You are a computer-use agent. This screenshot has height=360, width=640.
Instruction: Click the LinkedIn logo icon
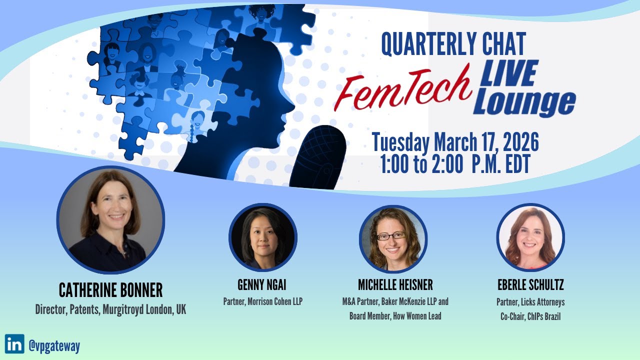click(14, 344)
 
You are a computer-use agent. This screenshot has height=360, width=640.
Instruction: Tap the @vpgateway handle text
click(54, 345)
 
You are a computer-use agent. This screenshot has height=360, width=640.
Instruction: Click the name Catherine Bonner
click(110, 290)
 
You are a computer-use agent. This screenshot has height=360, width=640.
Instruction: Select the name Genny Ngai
click(262, 285)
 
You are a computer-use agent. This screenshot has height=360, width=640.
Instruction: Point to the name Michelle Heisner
click(395, 285)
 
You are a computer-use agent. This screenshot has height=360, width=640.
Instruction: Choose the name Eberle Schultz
click(530, 285)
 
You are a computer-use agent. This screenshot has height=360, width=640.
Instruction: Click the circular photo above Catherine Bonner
click(110, 220)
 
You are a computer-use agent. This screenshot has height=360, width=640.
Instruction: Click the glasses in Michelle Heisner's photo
click(391, 236)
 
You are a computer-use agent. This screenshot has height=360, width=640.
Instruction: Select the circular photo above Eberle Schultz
click(530, 237)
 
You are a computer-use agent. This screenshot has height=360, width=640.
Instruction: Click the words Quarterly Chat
click(453, 44)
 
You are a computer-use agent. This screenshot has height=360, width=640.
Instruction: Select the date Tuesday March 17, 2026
click(455, 142)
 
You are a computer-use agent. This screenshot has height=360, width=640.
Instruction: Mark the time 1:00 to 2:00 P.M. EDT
click(455, 165)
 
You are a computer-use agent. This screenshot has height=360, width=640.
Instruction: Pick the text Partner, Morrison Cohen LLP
click(262, 301)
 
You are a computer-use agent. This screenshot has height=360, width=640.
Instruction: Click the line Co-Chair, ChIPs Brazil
click(530, 316)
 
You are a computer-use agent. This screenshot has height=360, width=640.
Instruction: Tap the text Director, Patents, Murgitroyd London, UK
click(110, 309)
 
